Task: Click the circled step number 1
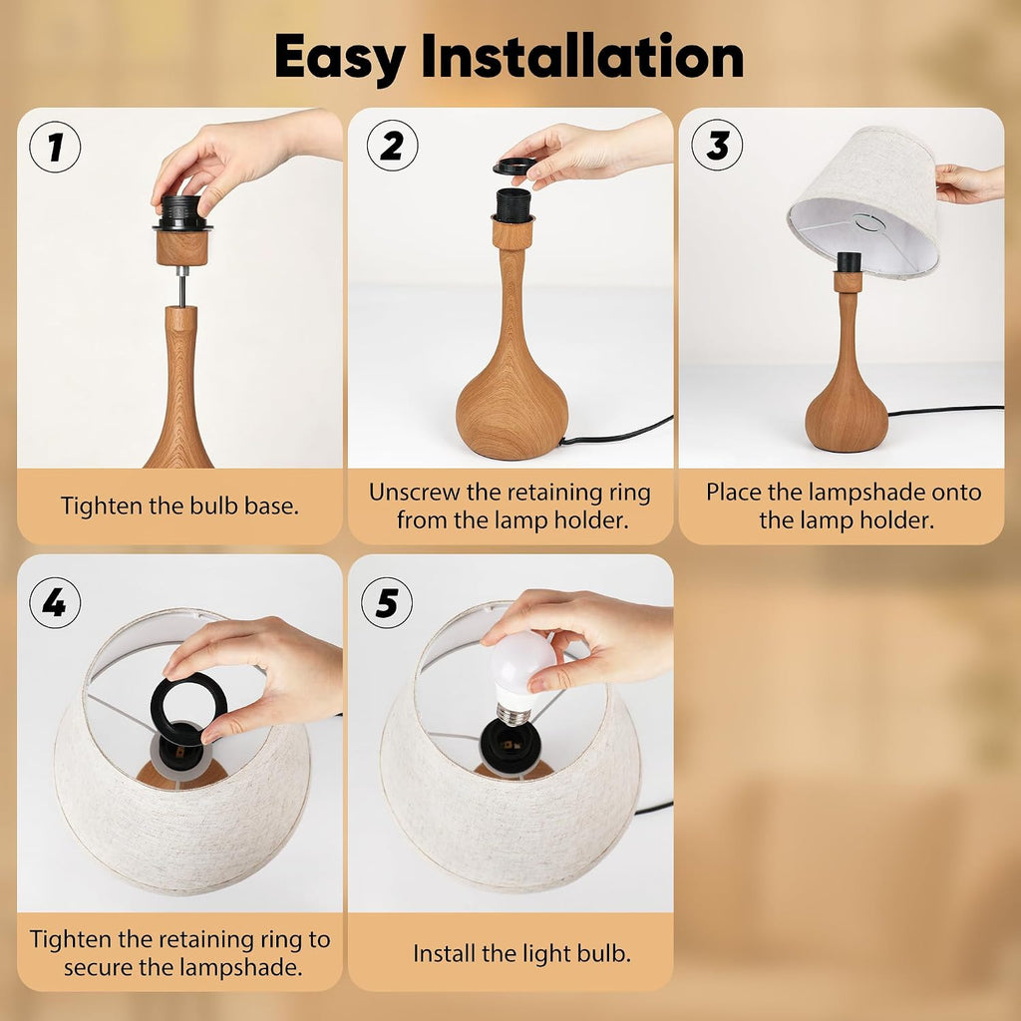click(x=56, y=148)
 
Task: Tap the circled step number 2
click(x=392, y=146)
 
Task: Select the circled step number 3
click(x=717, y=146)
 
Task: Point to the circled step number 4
click(x=56, y=603)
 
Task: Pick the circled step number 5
click(x=387, y=603)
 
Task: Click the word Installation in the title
click(x=582, y=56)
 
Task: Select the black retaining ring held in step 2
click(x=514, y=167)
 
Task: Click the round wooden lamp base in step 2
click(x=511, y=404)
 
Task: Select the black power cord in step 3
click(x=945, y=410)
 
